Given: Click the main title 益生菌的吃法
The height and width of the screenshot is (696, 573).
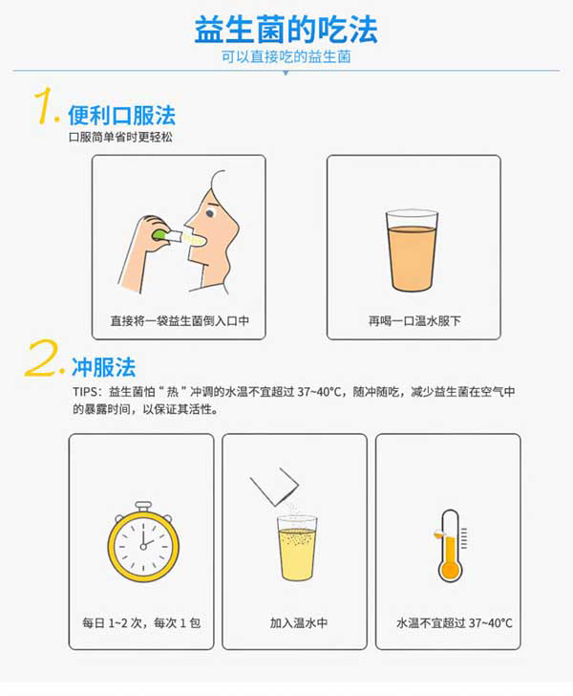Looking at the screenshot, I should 286,29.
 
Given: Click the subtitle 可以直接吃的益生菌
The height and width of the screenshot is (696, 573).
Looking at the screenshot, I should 286,57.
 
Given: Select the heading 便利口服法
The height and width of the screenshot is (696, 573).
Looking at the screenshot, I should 121,116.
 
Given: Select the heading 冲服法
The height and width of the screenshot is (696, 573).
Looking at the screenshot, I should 103,367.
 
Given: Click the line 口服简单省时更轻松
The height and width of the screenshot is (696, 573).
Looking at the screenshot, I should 121,138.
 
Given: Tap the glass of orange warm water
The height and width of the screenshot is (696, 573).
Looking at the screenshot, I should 412,250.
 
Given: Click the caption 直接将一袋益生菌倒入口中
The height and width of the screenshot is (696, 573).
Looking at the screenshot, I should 179,321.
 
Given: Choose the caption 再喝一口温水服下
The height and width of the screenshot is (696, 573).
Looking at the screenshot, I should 414,321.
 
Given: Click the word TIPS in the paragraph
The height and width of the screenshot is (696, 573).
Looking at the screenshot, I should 85,393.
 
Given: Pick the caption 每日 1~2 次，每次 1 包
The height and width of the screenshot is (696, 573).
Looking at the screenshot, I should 140,622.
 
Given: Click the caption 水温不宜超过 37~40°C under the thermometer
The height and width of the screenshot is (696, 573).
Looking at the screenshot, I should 455,622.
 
